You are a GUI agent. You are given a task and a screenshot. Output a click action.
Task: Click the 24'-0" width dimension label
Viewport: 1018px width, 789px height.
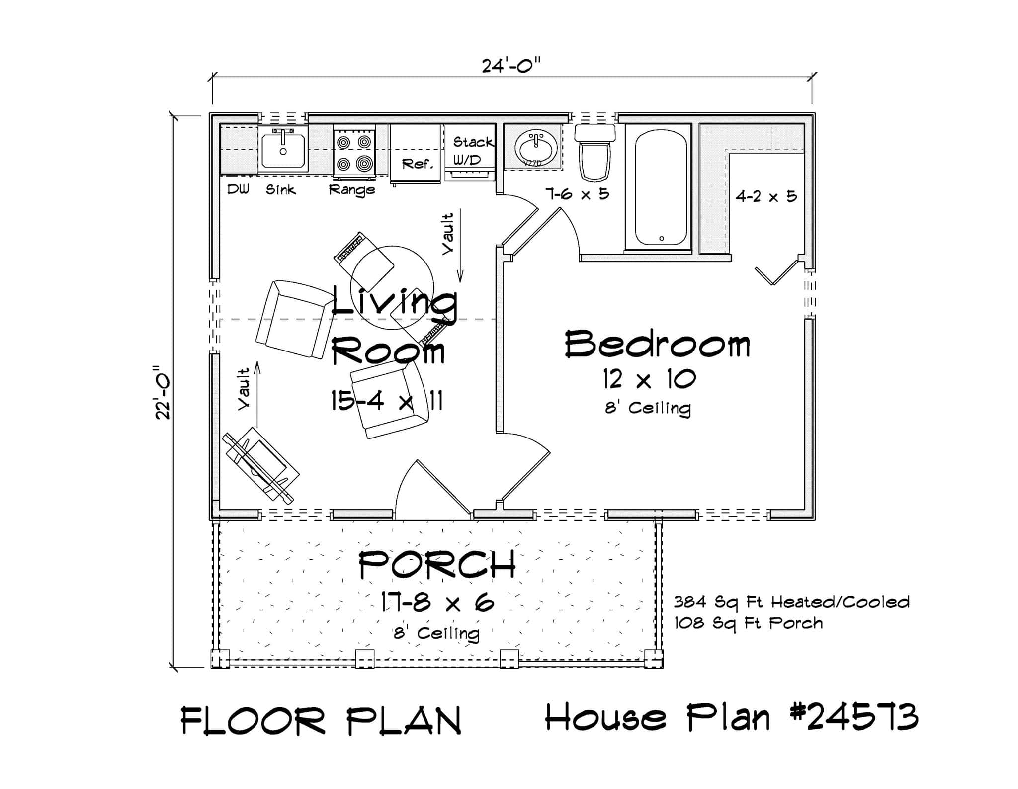pyautogui.click(x=511, y=65)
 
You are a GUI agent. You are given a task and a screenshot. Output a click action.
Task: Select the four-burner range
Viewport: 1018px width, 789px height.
pyautogui.click(x=354, y=152)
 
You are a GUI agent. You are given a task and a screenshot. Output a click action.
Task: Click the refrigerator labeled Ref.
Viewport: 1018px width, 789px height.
pyautogui.click(x=415, y=153)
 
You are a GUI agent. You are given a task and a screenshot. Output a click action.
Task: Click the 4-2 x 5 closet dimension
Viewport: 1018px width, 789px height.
pyautogui.click(x=766, y=197)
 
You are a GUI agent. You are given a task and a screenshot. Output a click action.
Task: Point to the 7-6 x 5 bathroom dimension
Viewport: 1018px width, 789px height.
pyautogui.click(x=578, y=194)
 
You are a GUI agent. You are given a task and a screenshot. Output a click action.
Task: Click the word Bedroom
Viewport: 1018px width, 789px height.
pyautogui.click(x=657, y=345)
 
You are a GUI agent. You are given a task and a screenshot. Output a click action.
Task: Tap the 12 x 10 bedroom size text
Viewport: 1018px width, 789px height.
pyautogui.click(x=649, y=380)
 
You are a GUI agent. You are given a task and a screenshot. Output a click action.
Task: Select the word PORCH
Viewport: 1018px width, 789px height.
pyautogui.click(x=436, y=565)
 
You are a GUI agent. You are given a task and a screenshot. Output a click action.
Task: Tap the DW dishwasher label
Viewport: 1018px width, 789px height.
pyautogui.click(x=238, y=189)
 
